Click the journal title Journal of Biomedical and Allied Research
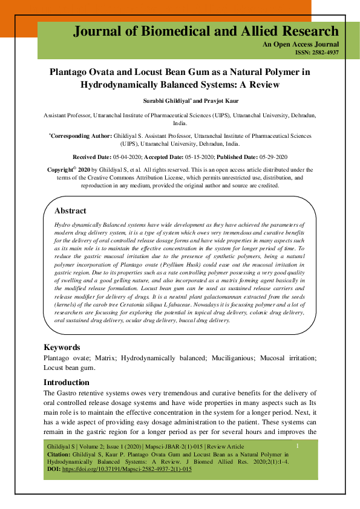pyautogui.click(x=206, y=31)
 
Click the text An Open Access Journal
pyautogui.click(x=309, y=45)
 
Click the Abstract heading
pyautogui.click(x=70, y=211)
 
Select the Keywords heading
pyautogui.click(x=62, y=348)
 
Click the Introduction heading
pyautogui.click(x=67, y=382)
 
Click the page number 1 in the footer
pyautogui.click(x=298, y=446)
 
